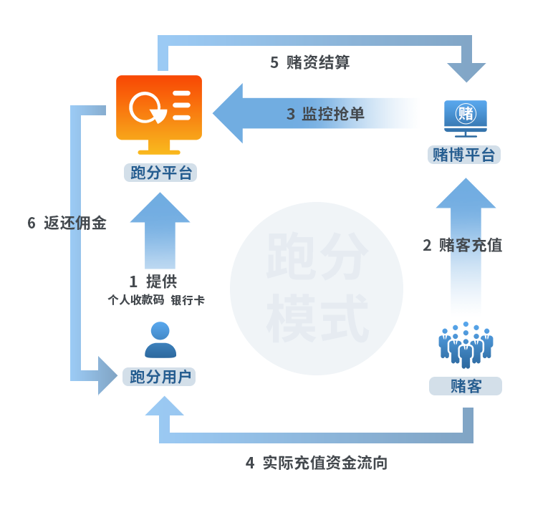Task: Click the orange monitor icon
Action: pos(159,113)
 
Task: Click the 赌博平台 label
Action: pos(464,155)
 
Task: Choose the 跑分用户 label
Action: pos(159,377)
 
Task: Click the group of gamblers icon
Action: pos(466,345)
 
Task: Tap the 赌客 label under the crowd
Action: pos(466,387)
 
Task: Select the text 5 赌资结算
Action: pos(309,62)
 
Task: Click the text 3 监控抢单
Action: pos(325,114)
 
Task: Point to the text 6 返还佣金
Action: pos(67,223)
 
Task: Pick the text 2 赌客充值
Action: pos(462,245)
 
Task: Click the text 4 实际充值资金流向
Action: pos(316,463)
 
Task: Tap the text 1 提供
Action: pos(153,281)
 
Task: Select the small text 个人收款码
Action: pos(135,301)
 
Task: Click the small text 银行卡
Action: pos(188,301)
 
